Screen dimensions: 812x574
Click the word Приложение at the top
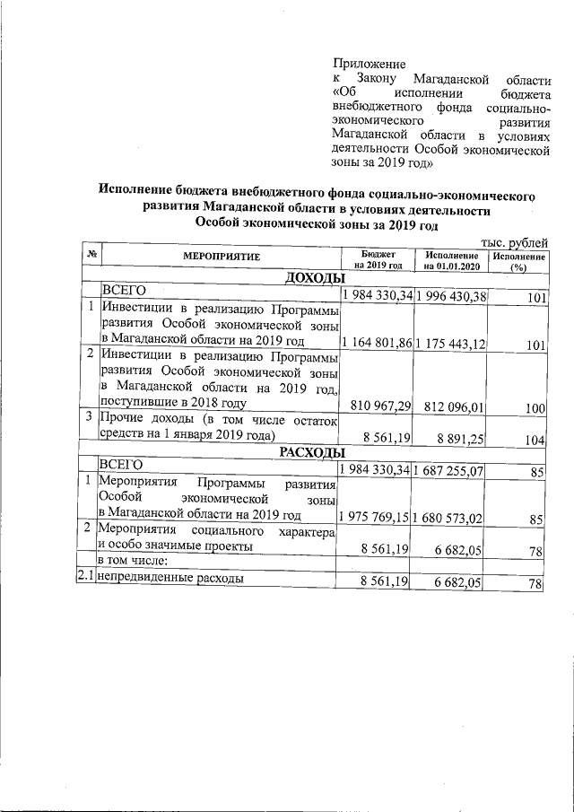coord(370,64)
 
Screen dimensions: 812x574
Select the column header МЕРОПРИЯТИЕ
coord(222,258)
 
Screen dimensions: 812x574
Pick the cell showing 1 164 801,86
coord(377,342)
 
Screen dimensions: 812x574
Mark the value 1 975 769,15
coord(377,517)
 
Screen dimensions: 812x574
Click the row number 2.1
coord(87,580)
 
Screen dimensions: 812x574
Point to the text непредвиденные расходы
coord(171,580)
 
